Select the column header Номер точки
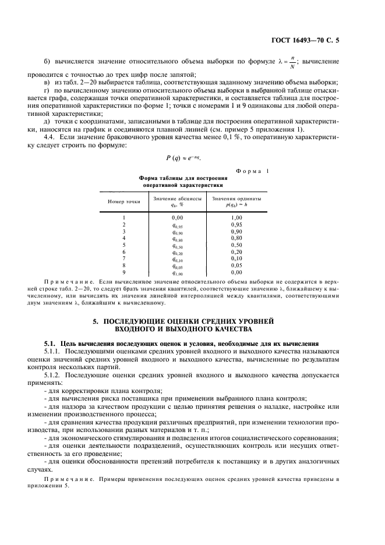124,201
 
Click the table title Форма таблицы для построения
182,178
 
